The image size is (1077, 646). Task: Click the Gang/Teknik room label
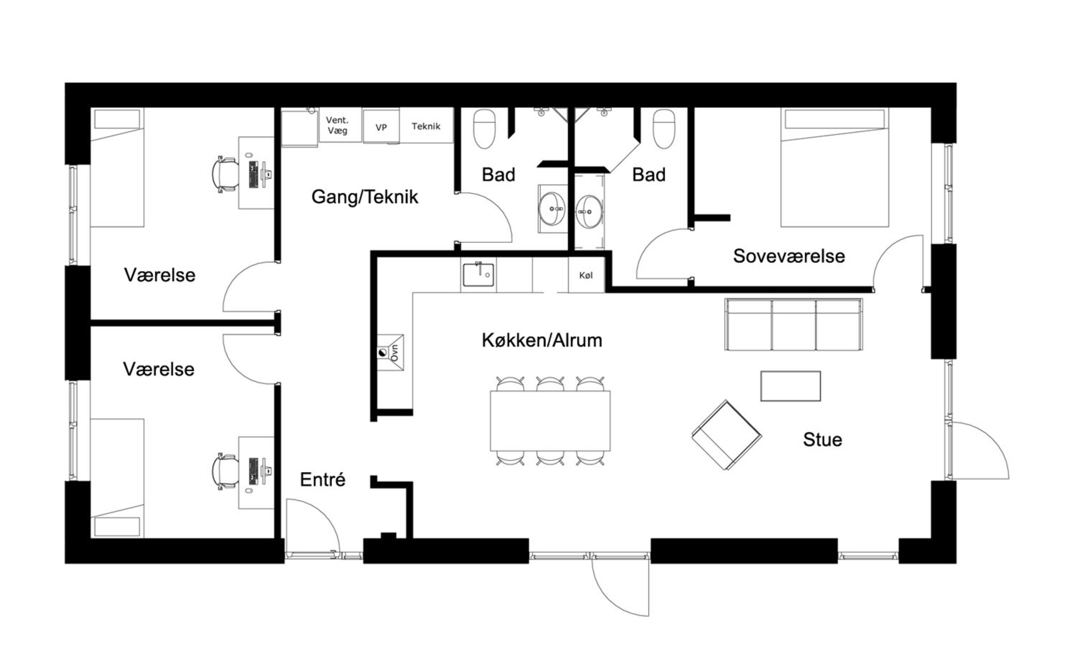click(x=365, y=197)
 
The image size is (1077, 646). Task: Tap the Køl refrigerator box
click(x=586, y=275)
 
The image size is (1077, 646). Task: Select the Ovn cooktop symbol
click(x=390, y=352)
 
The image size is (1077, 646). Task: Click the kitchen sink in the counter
click(x=478, y=275)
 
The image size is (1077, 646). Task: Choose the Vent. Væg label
click(x=337, y=125)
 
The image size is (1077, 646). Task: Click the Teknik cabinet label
click(x=426, y=126)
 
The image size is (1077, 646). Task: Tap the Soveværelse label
click(x=789, y=256)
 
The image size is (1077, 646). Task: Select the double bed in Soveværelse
click(x=835, y=167)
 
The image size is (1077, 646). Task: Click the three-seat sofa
click(x=793, y=324)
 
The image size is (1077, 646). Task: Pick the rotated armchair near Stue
click(x=727, y=435)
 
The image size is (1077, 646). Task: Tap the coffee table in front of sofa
click(x=791, y=386)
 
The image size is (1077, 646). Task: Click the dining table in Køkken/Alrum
click(x=550, y=421)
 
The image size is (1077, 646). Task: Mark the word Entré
click(x=323, y=480)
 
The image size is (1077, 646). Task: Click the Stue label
click(x=822, y=439)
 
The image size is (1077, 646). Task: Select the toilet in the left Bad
click(x=485, y=129)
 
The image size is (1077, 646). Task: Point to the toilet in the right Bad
click(x=664, y=129)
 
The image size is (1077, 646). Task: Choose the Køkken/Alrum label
click(x=542, y=340)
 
